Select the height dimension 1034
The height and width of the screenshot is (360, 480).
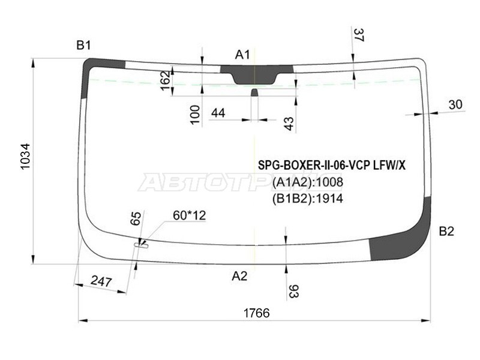pyautogui.click(x=25, y=160)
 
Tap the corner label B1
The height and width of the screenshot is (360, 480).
pyautogui.click(x=83, y=45)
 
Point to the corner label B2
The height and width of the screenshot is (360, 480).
pyautogui.click(x=446, y=232)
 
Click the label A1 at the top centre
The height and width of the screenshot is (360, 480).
pyautogui.click(x=242, y=55)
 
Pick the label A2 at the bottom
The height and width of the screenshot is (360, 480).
pyautogui.click(x=239, y=275)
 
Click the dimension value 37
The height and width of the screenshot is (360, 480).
pyautogui.click(x=358, y=35)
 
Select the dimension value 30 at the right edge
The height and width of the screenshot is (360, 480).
pyautogui.click(x=455, y=105)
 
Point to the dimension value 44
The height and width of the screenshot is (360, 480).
pyautogui.click(x=218, y=113)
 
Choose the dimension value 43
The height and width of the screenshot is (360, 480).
pyautogui.click(x=289, y=124)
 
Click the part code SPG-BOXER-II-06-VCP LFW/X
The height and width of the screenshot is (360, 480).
pyautogui.click(x=331, y=166)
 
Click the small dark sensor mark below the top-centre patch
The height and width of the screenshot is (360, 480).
pyautogui.click(x=254, y=92)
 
